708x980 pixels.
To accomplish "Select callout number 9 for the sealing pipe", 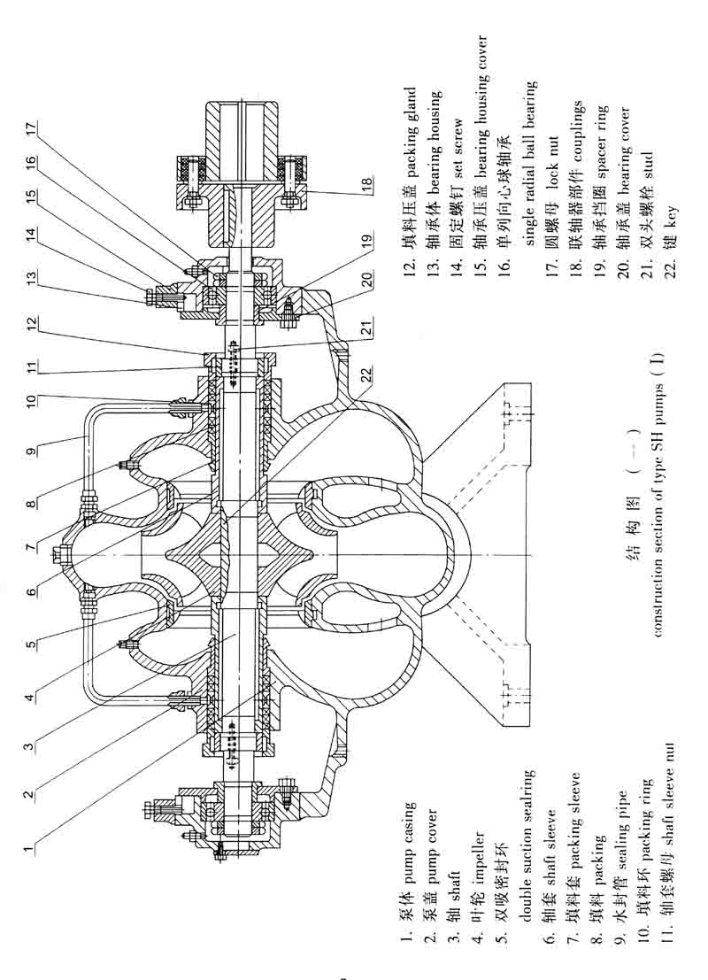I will pyautogui.click(x=31, y=452).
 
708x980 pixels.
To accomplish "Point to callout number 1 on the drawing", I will pyautogui.click(x=31, y=848).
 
